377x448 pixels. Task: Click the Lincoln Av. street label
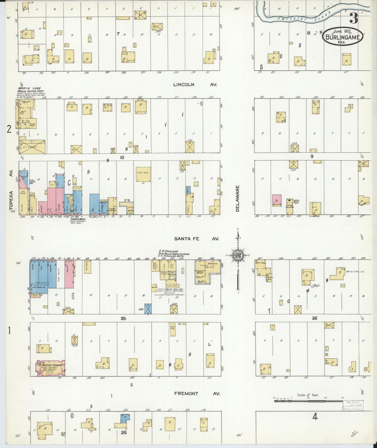[195, 85]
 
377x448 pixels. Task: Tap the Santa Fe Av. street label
[196, 239]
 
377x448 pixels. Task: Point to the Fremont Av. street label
[197, 393]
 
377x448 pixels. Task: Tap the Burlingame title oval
[343, 37]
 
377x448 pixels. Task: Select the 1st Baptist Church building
[51, 368]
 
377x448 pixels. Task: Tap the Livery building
[32, 147]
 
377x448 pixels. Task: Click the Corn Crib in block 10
[143, 174]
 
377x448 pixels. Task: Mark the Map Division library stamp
[353, 406]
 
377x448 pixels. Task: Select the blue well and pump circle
[313, 286]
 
